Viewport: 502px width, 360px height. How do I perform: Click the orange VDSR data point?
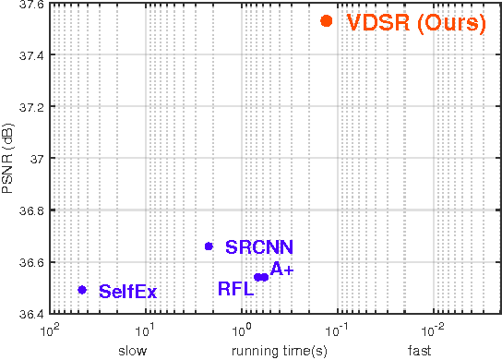(x=326, y=20)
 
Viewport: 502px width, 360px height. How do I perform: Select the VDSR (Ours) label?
(x=415, y=24)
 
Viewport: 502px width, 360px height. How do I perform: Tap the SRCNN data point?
(x=209, y=246)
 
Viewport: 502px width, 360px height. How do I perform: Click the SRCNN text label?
(x=260, y=247)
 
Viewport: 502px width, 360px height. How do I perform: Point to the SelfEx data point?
(x=82, y=290)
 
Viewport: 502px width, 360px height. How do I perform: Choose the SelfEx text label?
(x=127, y=292)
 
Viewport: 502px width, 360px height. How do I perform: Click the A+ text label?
(x=281, y=270)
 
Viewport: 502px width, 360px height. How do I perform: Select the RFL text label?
(x=235, y=289)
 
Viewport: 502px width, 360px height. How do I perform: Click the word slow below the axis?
(x=132, y=351)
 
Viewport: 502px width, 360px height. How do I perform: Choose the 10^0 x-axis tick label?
(x=241, y=329)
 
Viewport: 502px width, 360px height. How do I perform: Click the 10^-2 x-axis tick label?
(x=432, y=329)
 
